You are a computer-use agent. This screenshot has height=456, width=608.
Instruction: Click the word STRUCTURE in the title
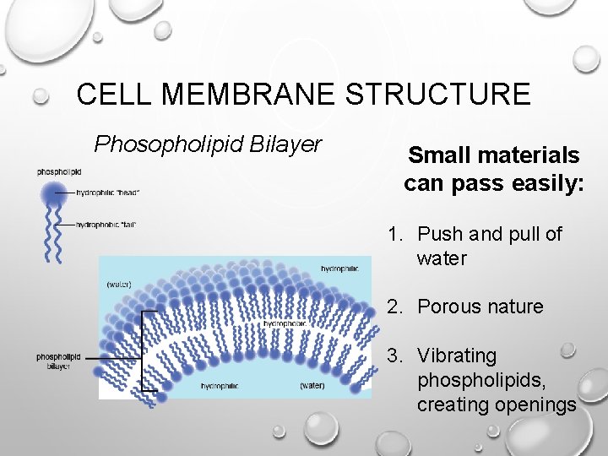pyautogui.click(x=437, y=94)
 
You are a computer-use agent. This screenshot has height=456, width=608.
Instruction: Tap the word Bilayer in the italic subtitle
pyautogui.click(x=283, y=144)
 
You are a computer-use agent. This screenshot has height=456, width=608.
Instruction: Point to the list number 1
pyautogui.click(x=394, y=234)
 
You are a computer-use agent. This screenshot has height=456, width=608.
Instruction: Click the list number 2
pyautogui.click(x=394, y=307)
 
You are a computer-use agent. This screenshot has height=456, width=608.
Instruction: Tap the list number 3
pyautogui.click(x=394, y=356)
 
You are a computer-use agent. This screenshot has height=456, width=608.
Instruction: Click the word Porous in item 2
pyautogui.click(x=448, y=307)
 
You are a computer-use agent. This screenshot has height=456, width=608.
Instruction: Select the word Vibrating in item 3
pyautogui.click(x=457, y=356)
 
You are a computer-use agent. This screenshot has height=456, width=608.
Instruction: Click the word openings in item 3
pyautogui.click(x=535, y=404)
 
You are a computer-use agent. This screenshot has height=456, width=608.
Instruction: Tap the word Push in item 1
pyautogui.click(x=437, y=234)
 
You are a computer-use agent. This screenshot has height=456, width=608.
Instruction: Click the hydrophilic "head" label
pyautogui.click(x=108, y=193)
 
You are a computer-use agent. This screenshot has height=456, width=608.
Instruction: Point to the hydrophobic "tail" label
pyautogui.click(x=106, y=225)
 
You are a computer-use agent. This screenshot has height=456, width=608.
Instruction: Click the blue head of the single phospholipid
pyautogui.click(x=54, y=193)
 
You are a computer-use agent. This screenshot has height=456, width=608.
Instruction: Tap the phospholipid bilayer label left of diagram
pyautogui.click(x=57, y=361)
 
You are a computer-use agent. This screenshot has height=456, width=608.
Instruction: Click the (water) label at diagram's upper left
pyautogui.click(x=118, y=284)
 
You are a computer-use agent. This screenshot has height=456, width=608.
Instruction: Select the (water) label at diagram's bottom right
pyautogui.click(x=312, y=386)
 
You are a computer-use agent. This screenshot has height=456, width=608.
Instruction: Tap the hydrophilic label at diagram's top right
pyautogui.click(x=339, y=269)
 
